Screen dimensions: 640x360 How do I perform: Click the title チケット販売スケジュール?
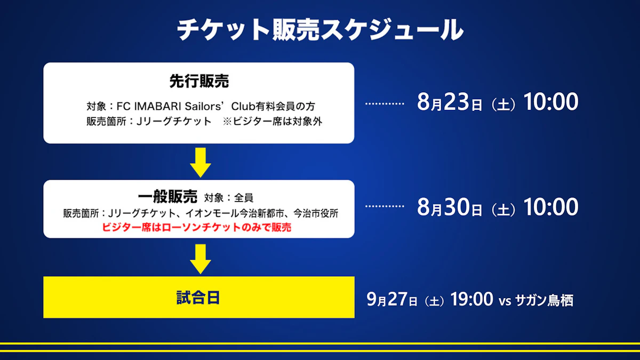(320, 30)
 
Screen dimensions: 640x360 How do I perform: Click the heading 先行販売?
(199, 81)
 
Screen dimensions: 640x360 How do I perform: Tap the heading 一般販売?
(167, 197)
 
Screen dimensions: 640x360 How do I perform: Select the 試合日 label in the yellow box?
(198, 298)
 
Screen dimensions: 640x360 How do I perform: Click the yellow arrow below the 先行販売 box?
(201, 163)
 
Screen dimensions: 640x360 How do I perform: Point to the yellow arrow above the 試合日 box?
(201, 259)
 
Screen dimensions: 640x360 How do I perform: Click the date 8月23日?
(450, 102)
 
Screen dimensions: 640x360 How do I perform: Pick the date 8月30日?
(450, 207)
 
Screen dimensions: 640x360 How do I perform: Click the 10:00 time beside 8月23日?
(551, 101)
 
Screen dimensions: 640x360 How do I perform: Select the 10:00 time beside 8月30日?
(551, 206)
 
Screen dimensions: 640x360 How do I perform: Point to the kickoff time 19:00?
(471, 299)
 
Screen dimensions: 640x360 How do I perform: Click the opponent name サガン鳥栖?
(544, 300)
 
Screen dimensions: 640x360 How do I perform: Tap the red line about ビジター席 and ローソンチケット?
(197, 227)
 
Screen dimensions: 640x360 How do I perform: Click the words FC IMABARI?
(149, 106)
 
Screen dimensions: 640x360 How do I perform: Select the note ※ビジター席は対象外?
(273, 122)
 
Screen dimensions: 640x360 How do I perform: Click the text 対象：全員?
(229, 197)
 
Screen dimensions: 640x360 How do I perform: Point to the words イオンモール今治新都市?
(235, 213)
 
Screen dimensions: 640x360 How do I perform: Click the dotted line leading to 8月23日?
(385, 103)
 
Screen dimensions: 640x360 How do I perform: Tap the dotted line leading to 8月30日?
(385, 206)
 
